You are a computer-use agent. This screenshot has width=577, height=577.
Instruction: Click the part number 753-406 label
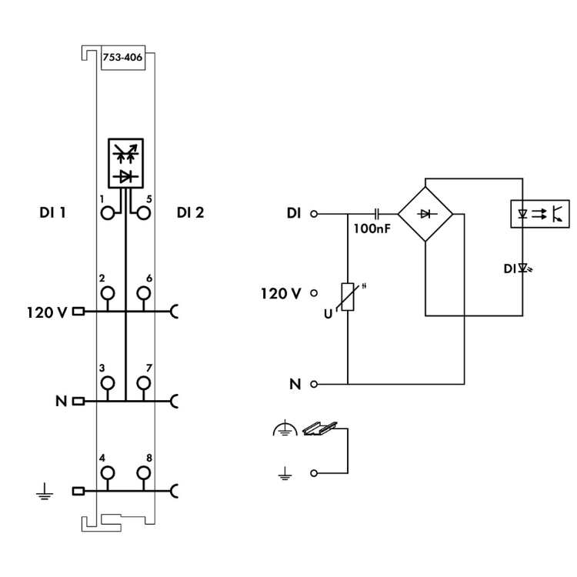click(x=118, y=57)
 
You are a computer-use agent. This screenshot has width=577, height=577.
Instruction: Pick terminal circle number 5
click(x=142, y=214)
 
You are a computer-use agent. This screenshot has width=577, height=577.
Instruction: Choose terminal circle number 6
click(x=142, y=293)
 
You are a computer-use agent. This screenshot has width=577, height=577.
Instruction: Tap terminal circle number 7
click(x=142, y=382)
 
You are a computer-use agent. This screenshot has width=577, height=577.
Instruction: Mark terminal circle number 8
click(x=142, y=472)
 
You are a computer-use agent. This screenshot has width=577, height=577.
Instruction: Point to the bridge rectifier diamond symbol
click(x=425, y=212)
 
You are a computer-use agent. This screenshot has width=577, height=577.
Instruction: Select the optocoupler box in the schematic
click(x=540, y=212)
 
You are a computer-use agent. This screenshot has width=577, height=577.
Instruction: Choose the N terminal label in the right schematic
click(x=295, y=383)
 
